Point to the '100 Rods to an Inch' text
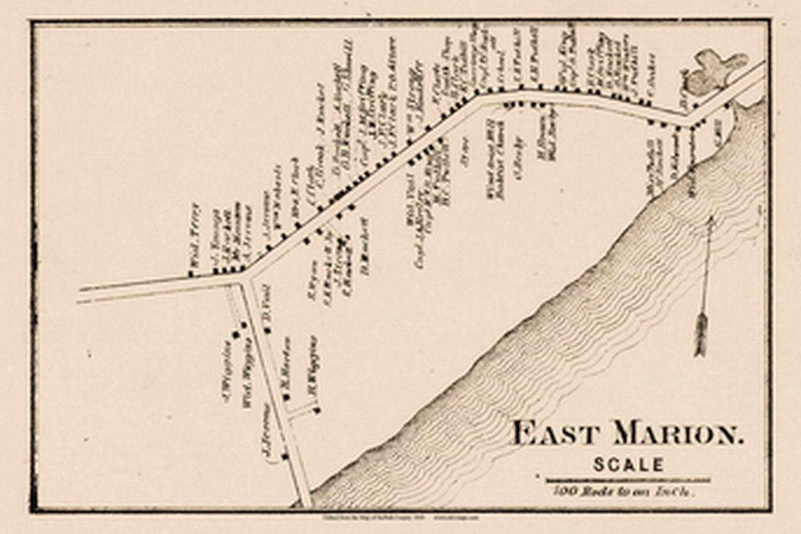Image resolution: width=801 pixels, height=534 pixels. pos(626,491)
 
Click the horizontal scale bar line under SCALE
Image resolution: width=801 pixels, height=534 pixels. pos(628,481)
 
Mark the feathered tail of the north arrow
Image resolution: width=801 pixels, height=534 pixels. pos(701,335)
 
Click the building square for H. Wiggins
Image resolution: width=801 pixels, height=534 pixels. pos(317,410)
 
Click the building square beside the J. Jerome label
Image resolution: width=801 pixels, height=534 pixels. pos(285,456)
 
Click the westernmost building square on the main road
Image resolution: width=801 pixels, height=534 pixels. pos(191,273)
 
